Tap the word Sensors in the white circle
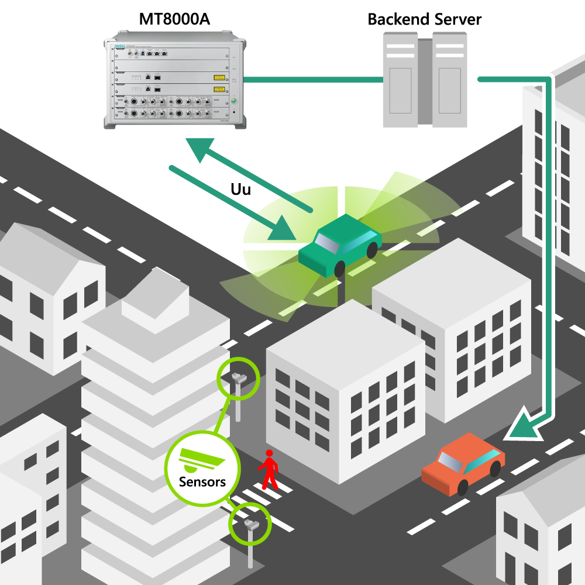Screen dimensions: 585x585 point(202,482)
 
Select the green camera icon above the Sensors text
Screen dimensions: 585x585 point(202,460)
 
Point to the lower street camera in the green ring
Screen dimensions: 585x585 point(251,523)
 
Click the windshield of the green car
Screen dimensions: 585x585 point(327,242)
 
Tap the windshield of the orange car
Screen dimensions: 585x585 point(452,462)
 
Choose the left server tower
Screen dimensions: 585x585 point(400,80)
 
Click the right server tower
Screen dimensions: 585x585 point(450,80)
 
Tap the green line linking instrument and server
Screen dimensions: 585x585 point(313,80)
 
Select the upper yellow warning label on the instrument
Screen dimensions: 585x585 point(219,77)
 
